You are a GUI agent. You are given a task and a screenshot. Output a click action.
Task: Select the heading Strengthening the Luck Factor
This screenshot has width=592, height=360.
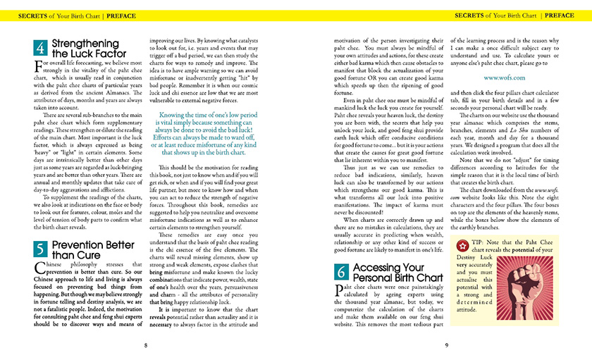tap(89, 49)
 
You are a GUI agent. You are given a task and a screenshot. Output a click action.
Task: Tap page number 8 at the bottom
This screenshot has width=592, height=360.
tap(145, 345)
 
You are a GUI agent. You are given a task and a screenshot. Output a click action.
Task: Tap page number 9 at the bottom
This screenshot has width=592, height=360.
tap(447, 345)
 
